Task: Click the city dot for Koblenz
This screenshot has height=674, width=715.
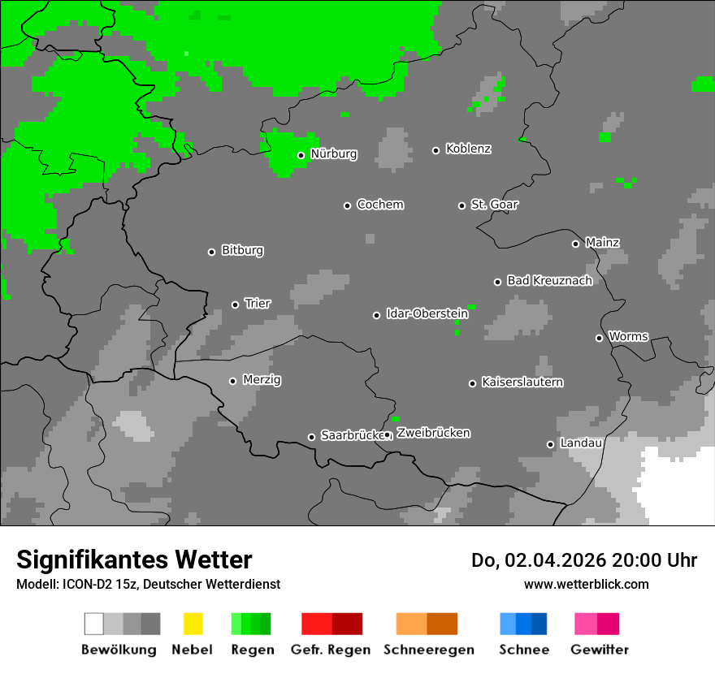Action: (x=436, y=150)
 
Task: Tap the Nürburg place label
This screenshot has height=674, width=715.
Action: (x=334, y=153)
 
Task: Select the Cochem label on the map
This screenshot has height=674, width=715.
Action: (x=380, y=205)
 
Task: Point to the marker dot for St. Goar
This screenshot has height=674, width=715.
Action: (x=462, y=205)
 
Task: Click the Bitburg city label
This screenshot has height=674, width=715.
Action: (x=242, y=251)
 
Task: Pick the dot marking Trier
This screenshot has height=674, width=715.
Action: (x=236, y=305)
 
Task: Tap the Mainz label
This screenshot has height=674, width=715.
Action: (x=602, y=243)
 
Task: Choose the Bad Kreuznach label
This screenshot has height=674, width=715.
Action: (x=549, y=281)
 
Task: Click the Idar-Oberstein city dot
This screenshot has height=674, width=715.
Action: (x=377, y=315)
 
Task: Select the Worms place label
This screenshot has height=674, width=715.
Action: (x=628, y=336)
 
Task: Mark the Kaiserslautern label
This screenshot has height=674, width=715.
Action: (x=522, y=382)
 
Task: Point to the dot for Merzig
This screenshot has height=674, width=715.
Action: (x=233, y=381)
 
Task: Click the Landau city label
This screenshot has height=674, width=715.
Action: (x=581, y=443)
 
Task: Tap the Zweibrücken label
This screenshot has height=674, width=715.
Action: (x=433, y=434)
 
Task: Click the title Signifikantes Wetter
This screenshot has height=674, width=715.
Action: (x=134, y=560)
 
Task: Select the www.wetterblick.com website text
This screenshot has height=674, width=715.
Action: (x=586, y=584)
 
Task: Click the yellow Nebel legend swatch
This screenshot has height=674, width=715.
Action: (x=193, y=624)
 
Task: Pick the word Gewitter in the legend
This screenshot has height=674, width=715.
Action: (x=600, y=650)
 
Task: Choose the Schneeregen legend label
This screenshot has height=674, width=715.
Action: (x=429, y=650)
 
